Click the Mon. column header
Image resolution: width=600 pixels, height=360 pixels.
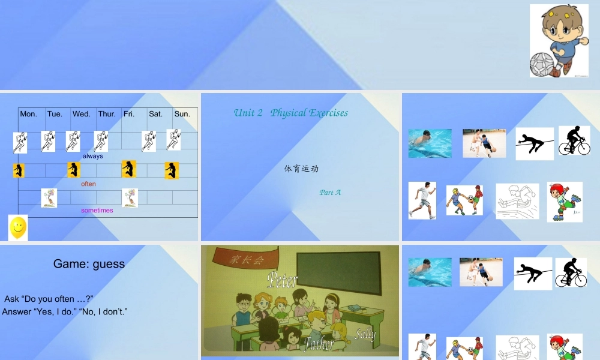click(x=28, y=114)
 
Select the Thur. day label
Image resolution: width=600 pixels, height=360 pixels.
click(x=107, y=114)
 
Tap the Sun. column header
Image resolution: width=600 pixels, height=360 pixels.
click(x=182, y=114)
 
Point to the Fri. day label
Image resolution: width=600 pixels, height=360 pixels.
click(x=129, y=114)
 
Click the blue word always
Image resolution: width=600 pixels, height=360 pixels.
click(x=93, y=156)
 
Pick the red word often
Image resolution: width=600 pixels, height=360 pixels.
click(x=88, y=184)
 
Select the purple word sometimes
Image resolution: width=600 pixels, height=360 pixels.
click(x=97, y=211)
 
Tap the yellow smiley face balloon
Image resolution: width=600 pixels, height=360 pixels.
click(x=18, y=227)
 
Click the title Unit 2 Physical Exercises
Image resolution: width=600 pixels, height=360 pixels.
click(x=290, y=113)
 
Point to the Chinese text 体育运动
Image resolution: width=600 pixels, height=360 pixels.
click(x=301, y=169)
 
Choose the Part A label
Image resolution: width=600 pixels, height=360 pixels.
click(x=330, y=193)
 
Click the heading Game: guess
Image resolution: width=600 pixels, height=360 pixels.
click(x=89, y=263)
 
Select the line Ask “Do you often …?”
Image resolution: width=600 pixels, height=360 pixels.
click(x=49, y=299)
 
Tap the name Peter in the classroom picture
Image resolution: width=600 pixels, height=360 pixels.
click(x=283, y=280)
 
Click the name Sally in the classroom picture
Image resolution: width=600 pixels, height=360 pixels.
click(x=365, y=334)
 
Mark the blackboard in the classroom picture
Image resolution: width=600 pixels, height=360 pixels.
click(x=340, y=272)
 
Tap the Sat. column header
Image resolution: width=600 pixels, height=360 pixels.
click(x=156, y=114)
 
